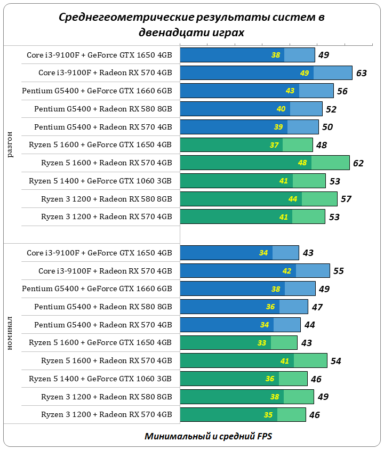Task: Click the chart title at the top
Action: coord(191,25)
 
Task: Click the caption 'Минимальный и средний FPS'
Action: coord(209,436)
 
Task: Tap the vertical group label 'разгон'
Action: coord(10,144)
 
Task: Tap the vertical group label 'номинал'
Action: coord(10,333)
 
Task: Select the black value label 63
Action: coord(361,73)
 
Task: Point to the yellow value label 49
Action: coord(305,73)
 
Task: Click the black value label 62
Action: coord(358,163)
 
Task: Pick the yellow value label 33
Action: coord(262,343)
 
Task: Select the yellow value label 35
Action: coord(268,415)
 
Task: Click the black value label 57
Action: coord(346,199)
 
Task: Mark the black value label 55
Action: coord(338,271)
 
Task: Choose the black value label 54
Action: coord(335,361)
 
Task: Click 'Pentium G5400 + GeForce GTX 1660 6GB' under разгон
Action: coord(97,91)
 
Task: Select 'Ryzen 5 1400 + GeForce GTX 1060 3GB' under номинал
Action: coord(100,379)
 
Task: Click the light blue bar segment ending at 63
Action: coord(333,73)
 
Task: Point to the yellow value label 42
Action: coord(287,271)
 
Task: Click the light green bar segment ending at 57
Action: coord(319,199)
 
